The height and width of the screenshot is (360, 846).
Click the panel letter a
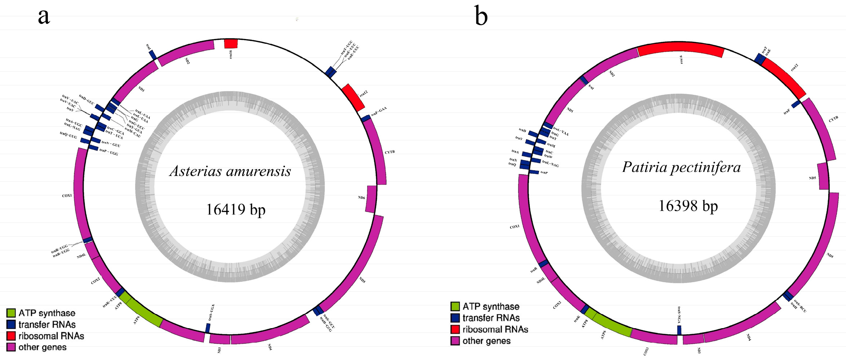click(44, 17)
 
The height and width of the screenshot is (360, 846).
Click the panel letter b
click(481, 17)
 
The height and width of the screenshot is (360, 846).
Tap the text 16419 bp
click(236, 209)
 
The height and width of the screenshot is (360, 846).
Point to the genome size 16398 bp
click(688, 206)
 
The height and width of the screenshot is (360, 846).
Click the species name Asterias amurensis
click(230, 171)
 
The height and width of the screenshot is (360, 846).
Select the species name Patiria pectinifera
click(681, 167)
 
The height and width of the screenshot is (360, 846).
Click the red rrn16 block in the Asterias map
click(231, 43)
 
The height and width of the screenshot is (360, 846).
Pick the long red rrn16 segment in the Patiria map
click(681, 49)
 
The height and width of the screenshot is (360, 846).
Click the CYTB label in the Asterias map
click(390, 152)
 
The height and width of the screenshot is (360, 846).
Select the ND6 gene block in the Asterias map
click(371, 199)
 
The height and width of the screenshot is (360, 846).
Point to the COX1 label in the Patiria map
click(514, 227)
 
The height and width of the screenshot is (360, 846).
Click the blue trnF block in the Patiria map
click(796, 105)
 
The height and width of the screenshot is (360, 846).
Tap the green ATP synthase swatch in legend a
click(11, 313)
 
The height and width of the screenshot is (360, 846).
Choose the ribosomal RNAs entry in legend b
click(495, 330)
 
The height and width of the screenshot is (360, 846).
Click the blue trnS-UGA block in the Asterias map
click(208, 328)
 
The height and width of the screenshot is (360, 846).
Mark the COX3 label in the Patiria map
click(646, 351)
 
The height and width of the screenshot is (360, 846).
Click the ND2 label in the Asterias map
click(187, 61)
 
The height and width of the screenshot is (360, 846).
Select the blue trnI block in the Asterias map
click(153, 55)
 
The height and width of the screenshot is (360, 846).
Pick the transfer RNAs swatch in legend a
click(11, 325)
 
